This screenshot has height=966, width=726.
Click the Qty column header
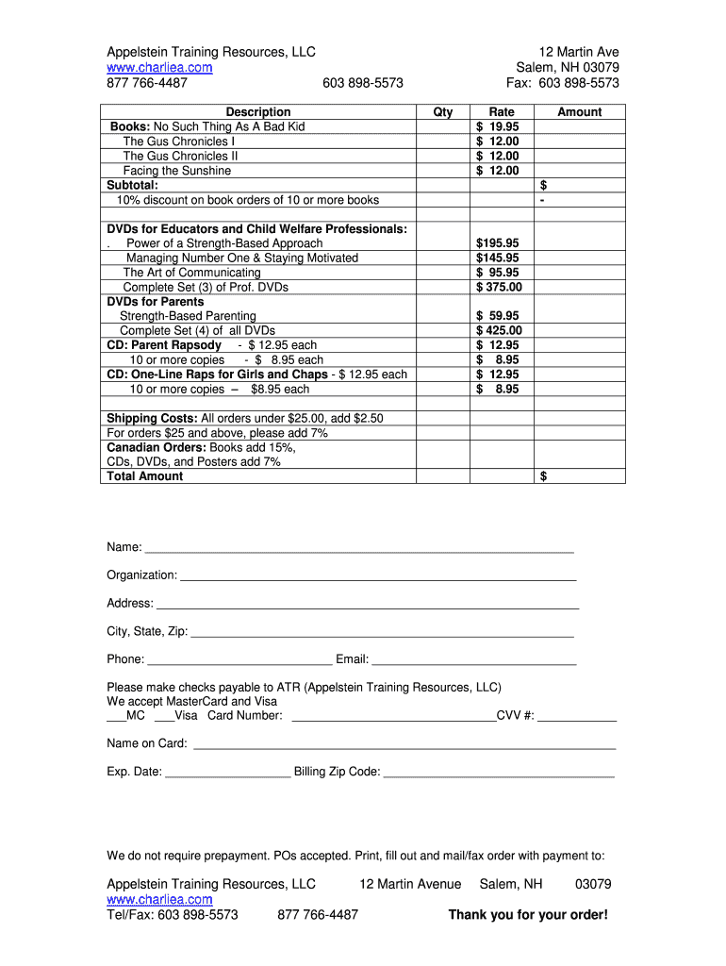442,111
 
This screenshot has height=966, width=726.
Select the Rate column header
502,111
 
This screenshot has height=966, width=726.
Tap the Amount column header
579,111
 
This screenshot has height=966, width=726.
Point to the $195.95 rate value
498,243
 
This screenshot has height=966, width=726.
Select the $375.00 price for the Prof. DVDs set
499,287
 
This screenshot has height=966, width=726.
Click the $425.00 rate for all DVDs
499,330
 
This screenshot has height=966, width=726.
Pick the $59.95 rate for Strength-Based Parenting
498,316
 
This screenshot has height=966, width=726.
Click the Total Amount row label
145,476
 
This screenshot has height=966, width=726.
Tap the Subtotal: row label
133,185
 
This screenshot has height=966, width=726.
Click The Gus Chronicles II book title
180,156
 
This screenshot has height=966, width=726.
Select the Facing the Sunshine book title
176,171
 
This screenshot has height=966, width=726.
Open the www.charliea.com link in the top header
159,68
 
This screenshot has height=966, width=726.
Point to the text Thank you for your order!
528,914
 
